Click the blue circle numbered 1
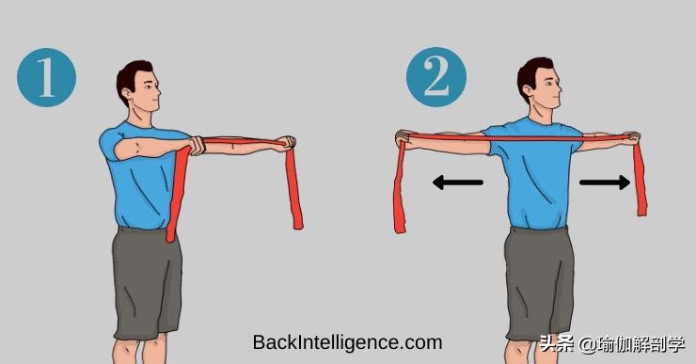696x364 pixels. (47, 78)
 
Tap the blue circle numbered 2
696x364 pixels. (436, 77)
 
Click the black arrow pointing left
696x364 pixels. (458, 182)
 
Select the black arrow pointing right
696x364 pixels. (605, 182)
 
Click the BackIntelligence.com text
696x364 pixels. (348, 342)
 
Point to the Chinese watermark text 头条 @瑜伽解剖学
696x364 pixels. (612, 344)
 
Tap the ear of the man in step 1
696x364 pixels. (127, 94)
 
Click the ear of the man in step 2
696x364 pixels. (528, 91)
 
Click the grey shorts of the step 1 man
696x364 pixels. (148, 282)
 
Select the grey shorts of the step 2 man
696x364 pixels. (538, 284)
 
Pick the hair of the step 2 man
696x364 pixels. (532, 71)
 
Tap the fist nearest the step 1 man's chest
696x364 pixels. (196, 146)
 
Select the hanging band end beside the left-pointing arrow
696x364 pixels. (400, 186)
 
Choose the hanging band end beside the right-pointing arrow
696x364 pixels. (641, 178)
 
